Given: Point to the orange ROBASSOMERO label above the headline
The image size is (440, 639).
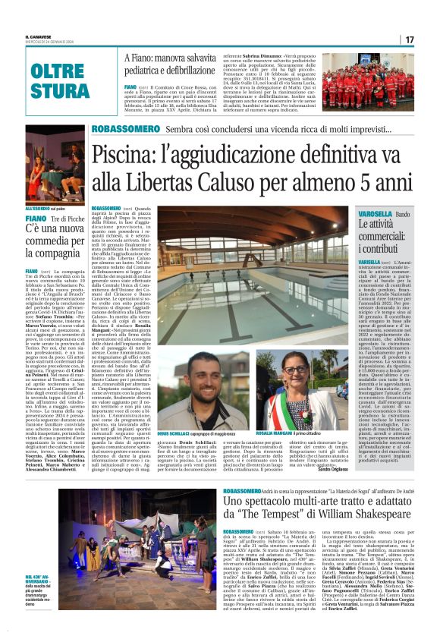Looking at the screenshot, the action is pyautogui.click(x=125, y=130).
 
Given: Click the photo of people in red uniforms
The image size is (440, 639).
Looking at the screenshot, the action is pyautogui.click(x=367, y=81).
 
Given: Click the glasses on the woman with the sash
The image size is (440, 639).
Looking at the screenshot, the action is pyautogui.click(x=293, y=370).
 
